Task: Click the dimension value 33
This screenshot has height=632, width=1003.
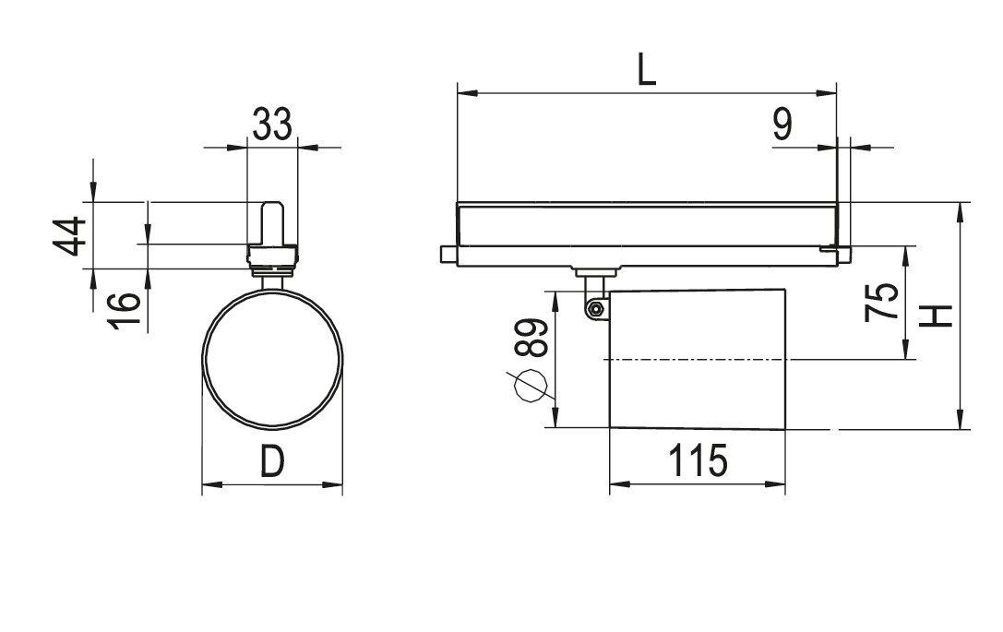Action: click(272, 125)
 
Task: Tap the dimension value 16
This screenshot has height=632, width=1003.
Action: click(124, 311)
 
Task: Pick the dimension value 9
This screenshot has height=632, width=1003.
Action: click(782, 125)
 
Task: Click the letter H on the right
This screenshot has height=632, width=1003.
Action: click(937, 316)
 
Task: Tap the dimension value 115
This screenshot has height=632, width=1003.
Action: click(698, 460)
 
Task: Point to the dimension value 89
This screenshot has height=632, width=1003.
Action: click(531, 338)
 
